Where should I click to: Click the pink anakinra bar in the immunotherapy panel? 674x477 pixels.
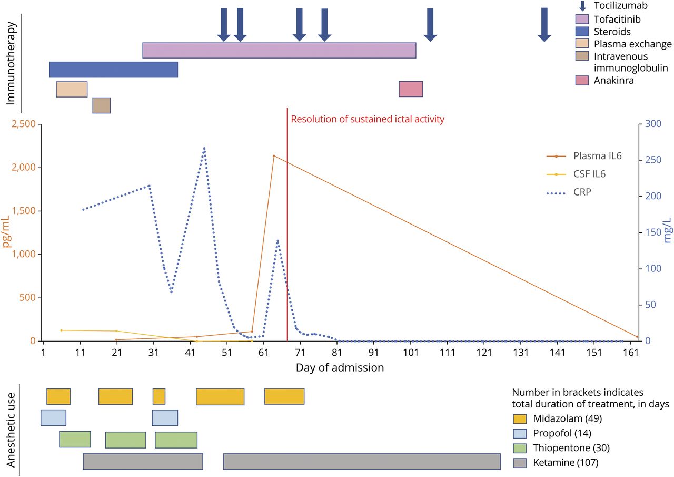411,89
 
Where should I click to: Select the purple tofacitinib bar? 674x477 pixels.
279,50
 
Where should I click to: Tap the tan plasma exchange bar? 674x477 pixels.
72,89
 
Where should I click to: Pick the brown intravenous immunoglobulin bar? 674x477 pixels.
102,105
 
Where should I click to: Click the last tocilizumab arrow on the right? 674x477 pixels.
544,25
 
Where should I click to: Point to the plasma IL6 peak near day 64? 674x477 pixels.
274,155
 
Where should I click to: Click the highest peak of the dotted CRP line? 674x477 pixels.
204,148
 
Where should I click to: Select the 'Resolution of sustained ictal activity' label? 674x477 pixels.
368,119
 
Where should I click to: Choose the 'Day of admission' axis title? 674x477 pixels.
340,367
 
